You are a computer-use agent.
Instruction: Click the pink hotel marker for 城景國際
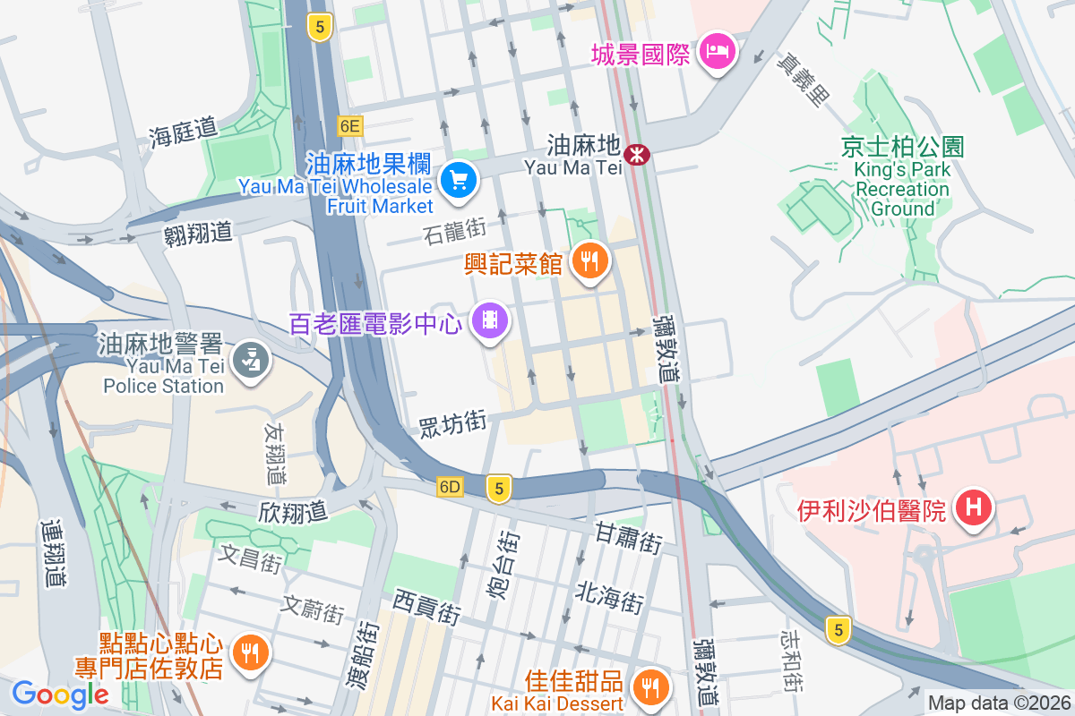click(718, 52)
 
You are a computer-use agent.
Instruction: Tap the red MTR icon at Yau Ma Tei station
click(638, 155)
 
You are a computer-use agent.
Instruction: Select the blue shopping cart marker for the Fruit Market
click(460, 181)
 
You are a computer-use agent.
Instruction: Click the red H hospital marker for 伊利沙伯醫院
click(974, 507)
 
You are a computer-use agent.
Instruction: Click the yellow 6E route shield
click(349, 126)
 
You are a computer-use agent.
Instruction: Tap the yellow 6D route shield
click(451, 487)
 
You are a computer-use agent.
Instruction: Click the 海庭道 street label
click(184, 132)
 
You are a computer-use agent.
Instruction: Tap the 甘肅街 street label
click(628, 537)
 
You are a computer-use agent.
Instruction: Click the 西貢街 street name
click(426, 606)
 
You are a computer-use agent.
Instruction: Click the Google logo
click(59, 694)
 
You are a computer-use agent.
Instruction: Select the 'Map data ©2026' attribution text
click(998, 703)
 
